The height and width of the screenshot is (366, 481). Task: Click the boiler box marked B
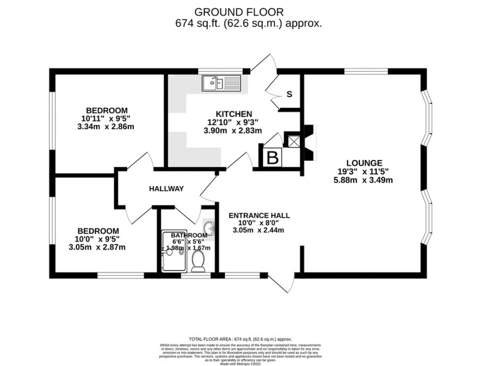coord(273,157)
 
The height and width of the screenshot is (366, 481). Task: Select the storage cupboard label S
coord(290,94)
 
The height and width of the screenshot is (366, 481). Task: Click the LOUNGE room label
coord(363,163)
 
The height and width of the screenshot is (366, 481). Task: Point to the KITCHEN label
coord(234,114)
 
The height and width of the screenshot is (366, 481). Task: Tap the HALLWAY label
coord(166,189)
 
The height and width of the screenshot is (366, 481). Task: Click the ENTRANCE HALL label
coord(259,215)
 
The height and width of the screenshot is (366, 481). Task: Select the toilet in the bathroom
coord(199,261)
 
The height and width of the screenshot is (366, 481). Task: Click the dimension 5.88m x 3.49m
coord(363,180)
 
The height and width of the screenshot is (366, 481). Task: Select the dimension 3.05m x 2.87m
coord(98,247)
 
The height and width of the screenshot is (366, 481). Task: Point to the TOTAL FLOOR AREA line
coord(240,339)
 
